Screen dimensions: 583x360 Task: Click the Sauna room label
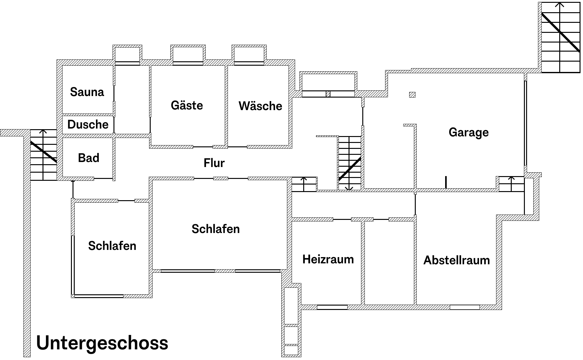point(87,92)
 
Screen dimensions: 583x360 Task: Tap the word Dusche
point(88,124)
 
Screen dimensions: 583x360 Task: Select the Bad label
point(88,158)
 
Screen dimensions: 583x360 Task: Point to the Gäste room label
point(187,105)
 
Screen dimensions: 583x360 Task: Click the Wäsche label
point(260,106)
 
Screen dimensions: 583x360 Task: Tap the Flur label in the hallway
point(214,163)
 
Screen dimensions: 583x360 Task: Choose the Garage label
point(469,132)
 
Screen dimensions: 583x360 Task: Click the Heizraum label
point(328,259)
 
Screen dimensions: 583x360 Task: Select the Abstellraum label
point(456,260)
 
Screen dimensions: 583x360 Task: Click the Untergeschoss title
point(102,343)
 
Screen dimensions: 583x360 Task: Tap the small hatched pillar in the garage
point(412,94)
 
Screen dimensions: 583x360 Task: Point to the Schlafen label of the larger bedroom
point(215,229)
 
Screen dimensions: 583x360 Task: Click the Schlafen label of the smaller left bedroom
point(112,246)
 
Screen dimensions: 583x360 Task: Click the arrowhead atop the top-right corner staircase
point(560,5)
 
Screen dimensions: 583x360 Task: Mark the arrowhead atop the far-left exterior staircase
point(43,132)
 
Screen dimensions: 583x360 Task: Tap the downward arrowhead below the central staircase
point(349,188)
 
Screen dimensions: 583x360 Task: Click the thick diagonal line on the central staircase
point(350,169)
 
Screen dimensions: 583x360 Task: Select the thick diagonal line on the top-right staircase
point(561,32)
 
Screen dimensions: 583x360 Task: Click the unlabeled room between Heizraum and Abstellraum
point(389,263)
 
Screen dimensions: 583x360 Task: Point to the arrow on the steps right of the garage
point(511,184)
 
